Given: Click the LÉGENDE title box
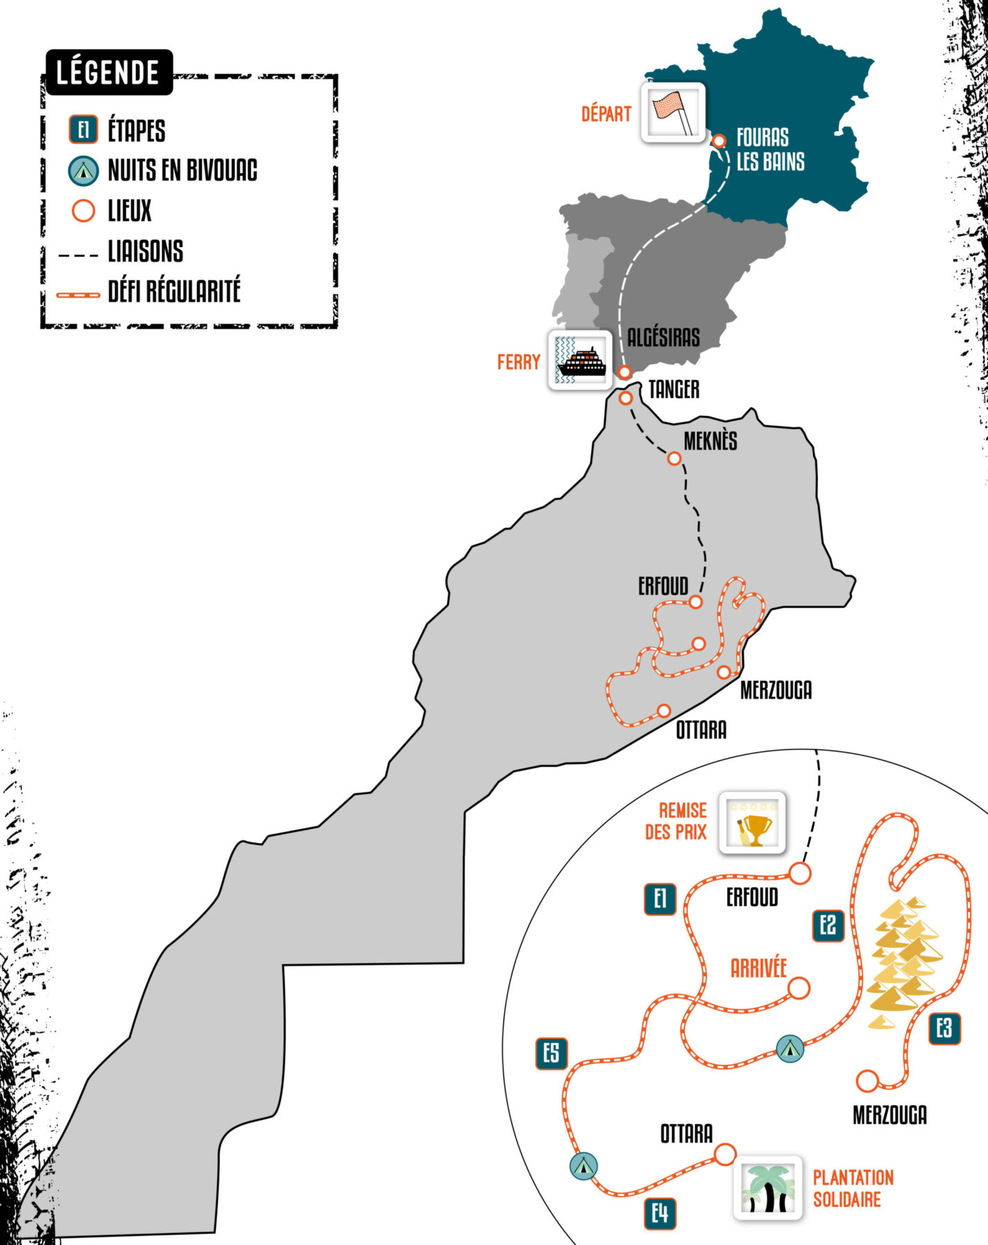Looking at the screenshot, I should [x=108, y=72].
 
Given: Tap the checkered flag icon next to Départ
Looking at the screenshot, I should [x=673, y=112].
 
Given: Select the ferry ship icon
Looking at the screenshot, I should [x=581, y=360].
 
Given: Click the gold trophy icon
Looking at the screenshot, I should [x=752, y=822].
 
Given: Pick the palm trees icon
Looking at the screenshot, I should [x=767, y=1187].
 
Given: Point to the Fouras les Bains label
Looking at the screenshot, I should [x=770, y=149].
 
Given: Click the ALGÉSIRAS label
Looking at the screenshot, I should [x=663, y=338].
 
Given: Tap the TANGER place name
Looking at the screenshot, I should [x=673, y=389].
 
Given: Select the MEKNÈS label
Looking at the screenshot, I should [x=710, y=441].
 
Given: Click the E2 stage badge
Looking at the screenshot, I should [x=828, y=925].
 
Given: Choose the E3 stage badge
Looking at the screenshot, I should [x=944, y=1029].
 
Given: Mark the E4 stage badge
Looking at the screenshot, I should [x=660, y=1213].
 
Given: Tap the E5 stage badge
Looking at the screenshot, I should [x=552, y=1053].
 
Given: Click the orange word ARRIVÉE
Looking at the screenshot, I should [x=758, y=968].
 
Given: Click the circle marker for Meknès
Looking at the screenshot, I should [x=674, y=458].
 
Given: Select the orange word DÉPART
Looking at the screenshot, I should [x=606, y=113].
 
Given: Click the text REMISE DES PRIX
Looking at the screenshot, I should [x=676, y=821].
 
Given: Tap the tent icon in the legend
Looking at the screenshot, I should [x=84, y=170].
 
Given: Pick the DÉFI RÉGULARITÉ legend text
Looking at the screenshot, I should [x=174, y=291].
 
